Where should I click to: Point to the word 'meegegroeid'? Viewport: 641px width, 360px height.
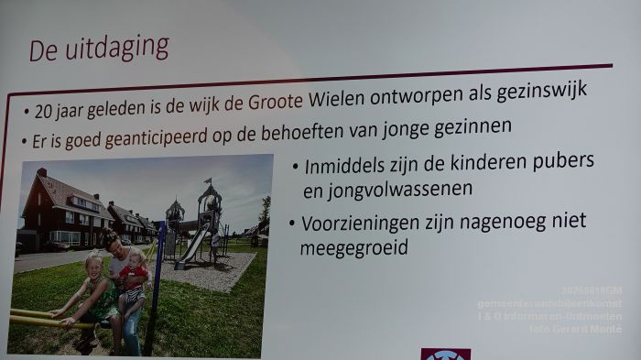353,248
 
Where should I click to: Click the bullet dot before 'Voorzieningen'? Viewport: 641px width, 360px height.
292,225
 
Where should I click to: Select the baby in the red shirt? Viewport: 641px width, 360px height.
135,274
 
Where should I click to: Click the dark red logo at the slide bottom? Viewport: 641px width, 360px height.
445,354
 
